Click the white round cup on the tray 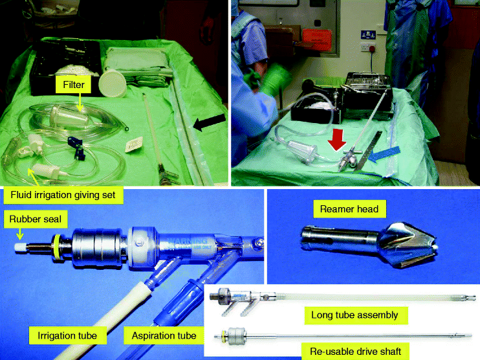[116, 84]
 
